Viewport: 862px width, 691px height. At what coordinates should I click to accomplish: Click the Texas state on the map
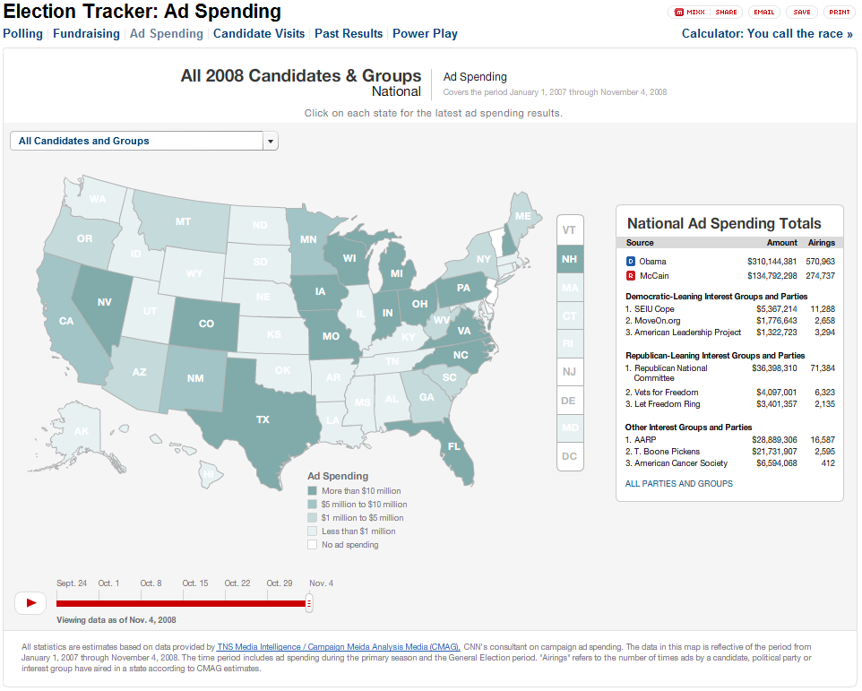263,419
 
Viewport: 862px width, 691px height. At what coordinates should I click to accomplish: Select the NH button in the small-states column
569,260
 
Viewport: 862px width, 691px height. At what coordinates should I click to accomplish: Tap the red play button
30,603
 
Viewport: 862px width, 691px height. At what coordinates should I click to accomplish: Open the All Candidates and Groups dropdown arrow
271,141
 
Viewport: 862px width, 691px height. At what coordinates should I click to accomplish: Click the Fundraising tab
86,34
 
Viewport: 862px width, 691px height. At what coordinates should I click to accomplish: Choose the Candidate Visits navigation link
259,34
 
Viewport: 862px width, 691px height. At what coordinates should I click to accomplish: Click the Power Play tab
425,34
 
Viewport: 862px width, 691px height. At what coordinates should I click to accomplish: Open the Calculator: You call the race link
767,34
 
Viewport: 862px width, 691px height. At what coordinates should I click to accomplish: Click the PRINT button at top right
840,13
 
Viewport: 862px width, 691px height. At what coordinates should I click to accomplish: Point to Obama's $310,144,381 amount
771,262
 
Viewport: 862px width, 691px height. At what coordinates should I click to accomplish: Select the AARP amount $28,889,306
771,440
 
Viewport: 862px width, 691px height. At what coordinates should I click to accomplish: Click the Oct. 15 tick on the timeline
195,584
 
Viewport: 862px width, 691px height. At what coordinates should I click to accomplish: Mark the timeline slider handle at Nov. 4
309,603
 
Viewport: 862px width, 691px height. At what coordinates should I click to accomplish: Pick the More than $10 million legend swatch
312,491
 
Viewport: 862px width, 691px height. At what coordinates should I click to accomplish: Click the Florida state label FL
454,445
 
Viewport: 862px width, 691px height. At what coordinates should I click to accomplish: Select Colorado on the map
207,323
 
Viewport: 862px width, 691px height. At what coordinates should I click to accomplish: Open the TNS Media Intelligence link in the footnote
339,646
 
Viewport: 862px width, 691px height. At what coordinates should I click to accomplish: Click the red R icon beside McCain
631,276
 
